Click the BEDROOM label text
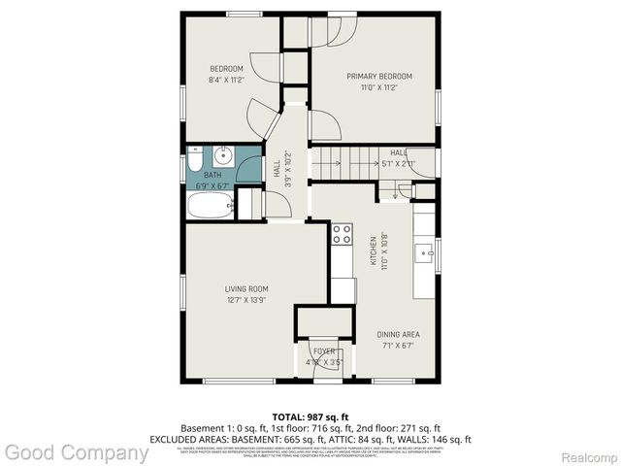[226, 68]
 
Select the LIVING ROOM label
[245, 288]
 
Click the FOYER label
[323, 350]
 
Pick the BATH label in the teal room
[212, 175]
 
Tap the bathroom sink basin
[222, 154]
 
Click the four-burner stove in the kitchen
[342, 233]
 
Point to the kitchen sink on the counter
[425, 254]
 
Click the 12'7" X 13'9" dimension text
[245, 300]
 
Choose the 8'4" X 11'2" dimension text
[226, 80]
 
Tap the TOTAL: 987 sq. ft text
[310, 415]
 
